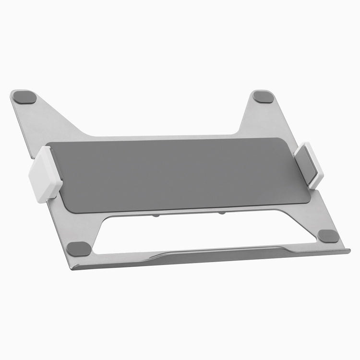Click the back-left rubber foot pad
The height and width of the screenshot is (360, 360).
24,96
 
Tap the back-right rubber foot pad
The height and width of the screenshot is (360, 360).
264,96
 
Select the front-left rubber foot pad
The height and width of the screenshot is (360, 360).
78,249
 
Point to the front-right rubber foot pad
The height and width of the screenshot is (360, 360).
328,236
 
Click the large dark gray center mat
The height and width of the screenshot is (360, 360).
182,173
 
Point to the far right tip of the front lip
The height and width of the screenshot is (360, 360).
348,251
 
